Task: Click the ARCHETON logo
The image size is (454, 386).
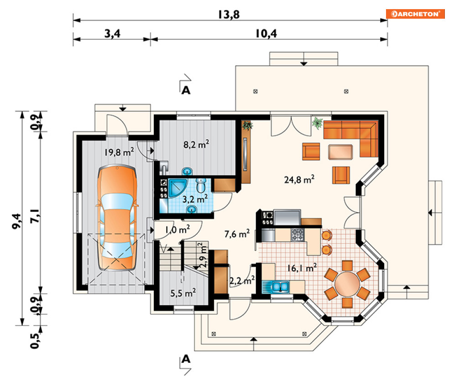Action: [x=415, y=14]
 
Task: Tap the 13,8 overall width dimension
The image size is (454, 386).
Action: [x=229, y=15]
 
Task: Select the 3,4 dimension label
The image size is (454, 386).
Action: [x=112, y=34]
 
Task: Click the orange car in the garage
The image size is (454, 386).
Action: [x=117, y=218]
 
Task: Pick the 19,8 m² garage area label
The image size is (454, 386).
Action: [x=119, y=152]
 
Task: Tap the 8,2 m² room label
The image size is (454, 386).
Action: [x=196, y=144]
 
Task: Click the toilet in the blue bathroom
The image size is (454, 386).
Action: [x=201, y=185]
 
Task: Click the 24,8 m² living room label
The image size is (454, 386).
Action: [x=299, y=179]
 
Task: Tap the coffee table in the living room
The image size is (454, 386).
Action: [x=340, y=152]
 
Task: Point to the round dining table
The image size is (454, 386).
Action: [x=347, y=283]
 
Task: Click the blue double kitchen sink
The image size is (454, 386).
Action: [x=276, y=287]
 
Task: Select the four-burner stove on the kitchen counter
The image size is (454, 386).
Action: [x=297, y=234]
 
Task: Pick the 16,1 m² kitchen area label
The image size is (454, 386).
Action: [x=302, y=268]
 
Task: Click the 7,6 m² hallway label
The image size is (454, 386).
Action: [x=237, y=234]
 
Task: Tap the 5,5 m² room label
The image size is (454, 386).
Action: [x=183, y=293]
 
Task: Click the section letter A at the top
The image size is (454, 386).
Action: [x=186, y=90]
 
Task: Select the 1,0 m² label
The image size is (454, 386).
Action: [x=177, y=230]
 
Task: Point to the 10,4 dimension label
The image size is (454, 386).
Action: [x=266, y=34]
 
